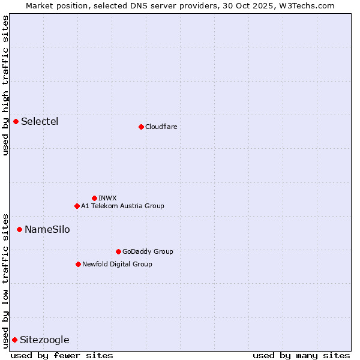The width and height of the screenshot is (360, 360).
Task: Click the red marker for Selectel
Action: pos(16,122)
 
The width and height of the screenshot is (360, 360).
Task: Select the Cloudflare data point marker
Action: pos(141,127)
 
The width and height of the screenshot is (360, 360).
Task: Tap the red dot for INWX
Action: pos(94,198)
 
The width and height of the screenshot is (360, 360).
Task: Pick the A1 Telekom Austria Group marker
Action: pos(77,206)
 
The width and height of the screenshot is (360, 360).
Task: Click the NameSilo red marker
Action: pos(19,229)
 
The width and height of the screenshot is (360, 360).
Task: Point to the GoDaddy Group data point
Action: pos(118,251)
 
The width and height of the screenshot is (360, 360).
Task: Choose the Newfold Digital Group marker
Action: pos(78,264)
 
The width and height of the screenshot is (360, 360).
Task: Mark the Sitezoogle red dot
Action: pos(14,340)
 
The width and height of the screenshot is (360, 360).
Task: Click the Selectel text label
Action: pos(40,122)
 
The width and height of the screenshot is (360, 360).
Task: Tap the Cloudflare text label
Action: pos(161,127)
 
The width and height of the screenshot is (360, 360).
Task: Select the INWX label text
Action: pos(107,198)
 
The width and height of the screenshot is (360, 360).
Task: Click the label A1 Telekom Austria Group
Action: pos(122,206)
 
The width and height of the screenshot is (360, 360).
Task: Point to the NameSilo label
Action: pos(47,230)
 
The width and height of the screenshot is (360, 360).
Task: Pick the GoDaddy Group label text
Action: pos(148,251)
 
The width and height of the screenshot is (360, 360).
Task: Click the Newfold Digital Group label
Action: pos(117,264)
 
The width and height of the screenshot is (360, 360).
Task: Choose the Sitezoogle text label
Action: pos(44,340)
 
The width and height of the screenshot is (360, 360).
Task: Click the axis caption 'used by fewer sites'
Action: pos(62,356)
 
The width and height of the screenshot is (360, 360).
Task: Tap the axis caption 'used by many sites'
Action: pos(301,356)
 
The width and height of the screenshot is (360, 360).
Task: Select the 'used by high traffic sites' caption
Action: pos(5,85)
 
